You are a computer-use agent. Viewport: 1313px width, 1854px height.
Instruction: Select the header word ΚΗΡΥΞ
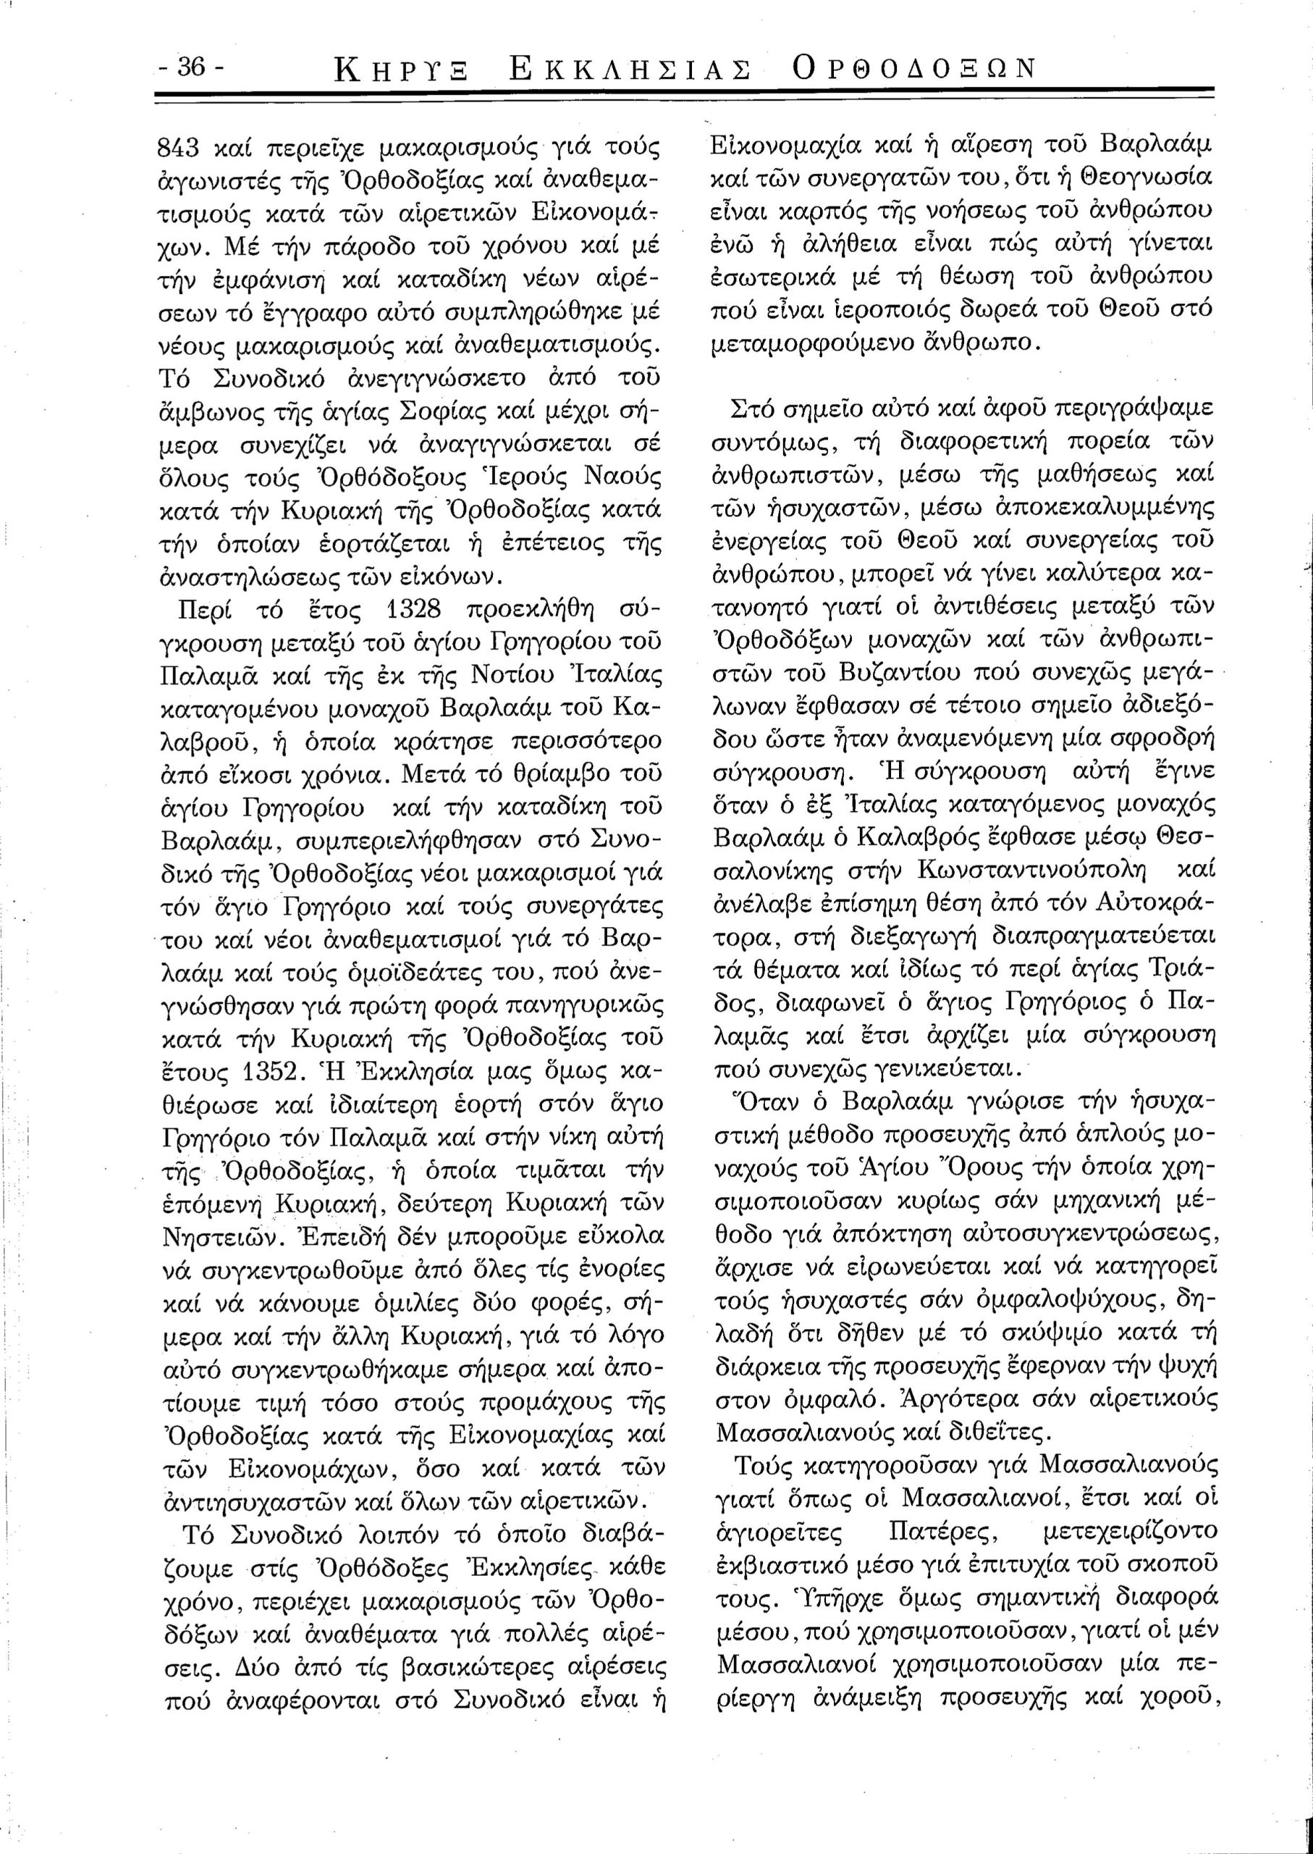[x=402, y=71]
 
